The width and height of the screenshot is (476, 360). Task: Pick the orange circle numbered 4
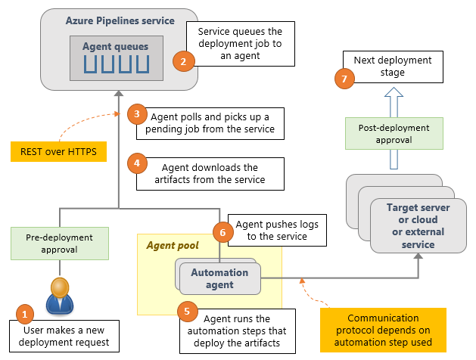tap(136, 163)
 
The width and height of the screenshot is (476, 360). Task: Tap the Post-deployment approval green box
tap(393, 133)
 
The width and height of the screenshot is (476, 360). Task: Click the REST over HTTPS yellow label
tap(58, 152)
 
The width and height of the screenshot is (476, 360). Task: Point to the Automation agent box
tap(219, 278)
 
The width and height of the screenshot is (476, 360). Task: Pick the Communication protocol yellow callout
tap(382, 330)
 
